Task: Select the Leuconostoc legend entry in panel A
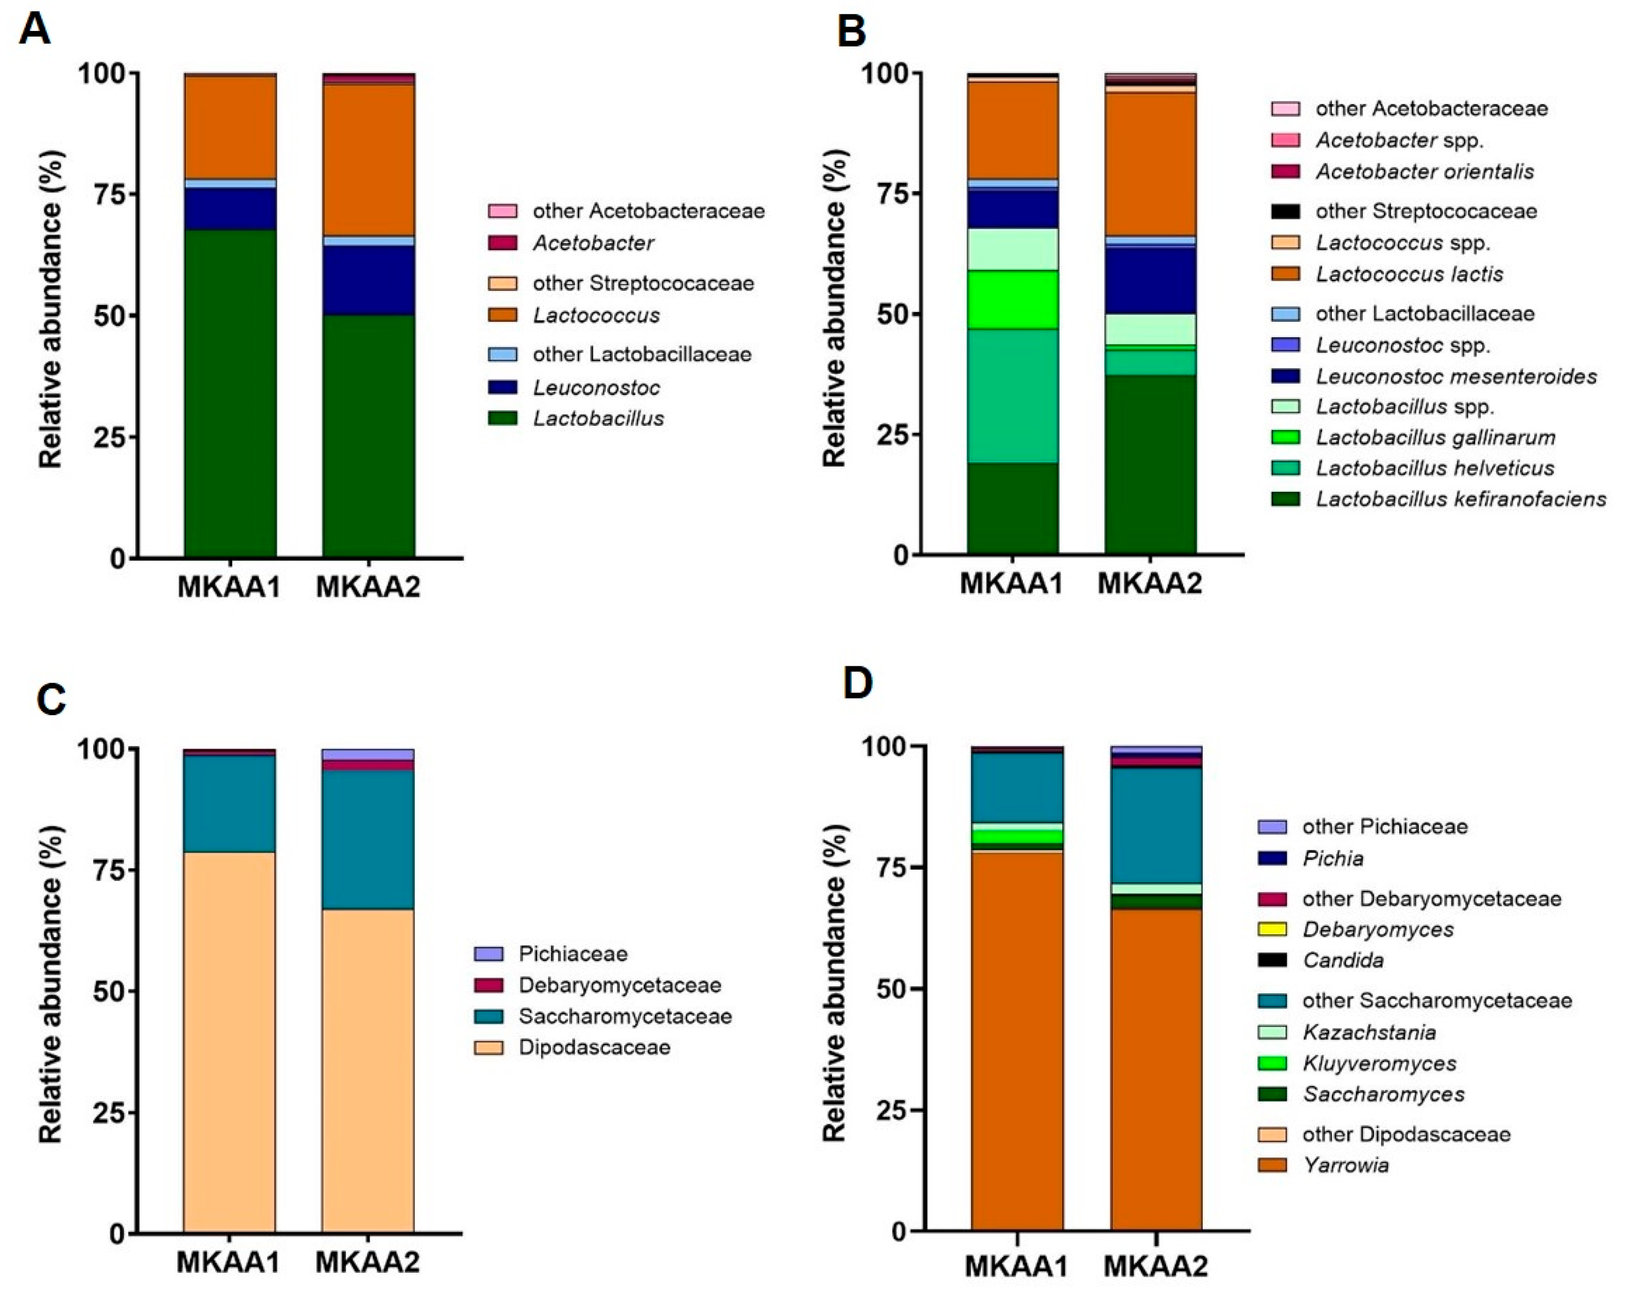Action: [x=595, y=388]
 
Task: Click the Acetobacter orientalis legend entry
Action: [x=1424, y=171]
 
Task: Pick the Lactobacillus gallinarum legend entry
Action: [x=1435, y=438]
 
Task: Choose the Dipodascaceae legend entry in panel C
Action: [x=594, y=1047]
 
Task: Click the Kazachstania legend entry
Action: [x=1368, y=1032]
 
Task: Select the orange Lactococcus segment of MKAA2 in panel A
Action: [x=368, y=159]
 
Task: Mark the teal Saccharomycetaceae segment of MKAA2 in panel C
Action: [x=368, y=839]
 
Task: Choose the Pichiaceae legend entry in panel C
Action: [x=572, y=954]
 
